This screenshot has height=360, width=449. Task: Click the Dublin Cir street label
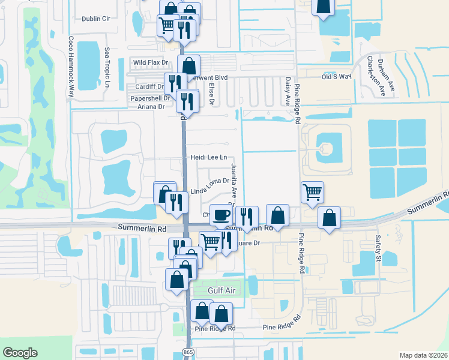[x=97, y=19]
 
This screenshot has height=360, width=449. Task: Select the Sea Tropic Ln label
[x=107, y=67]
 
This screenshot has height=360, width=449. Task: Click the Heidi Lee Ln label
[x=208, y=157]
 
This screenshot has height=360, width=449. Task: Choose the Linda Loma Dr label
[x=210, y=185]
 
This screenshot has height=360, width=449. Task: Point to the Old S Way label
[x=336, y=77]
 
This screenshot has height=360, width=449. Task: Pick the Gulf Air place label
[x=221, y=290]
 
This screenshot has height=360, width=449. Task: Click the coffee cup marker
[x=221, y=215]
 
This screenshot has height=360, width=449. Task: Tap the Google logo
[x=20, y=353]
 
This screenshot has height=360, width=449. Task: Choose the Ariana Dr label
[x=152, y=107]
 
